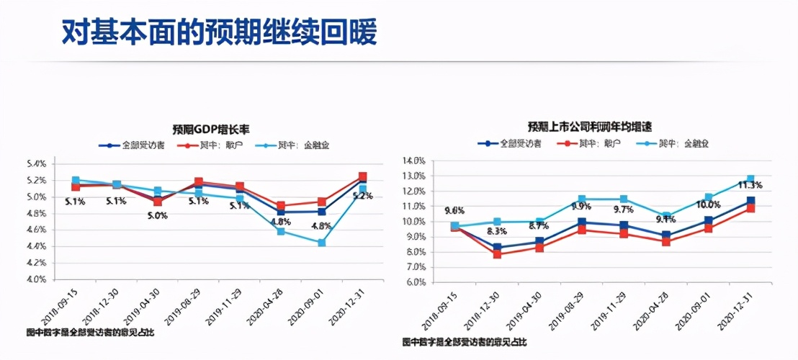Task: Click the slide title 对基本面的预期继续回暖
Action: pos(219,32)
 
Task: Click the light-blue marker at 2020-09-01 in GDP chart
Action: pos(321,243)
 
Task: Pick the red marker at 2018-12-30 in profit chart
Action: pos(497,254)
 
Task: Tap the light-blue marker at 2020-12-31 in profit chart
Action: pos(750,179)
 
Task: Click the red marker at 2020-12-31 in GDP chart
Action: pos(363,176)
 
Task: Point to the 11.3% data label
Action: pos(750,186)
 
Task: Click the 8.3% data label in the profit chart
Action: pos(496,231)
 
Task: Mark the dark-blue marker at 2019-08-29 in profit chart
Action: pos(580,222)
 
